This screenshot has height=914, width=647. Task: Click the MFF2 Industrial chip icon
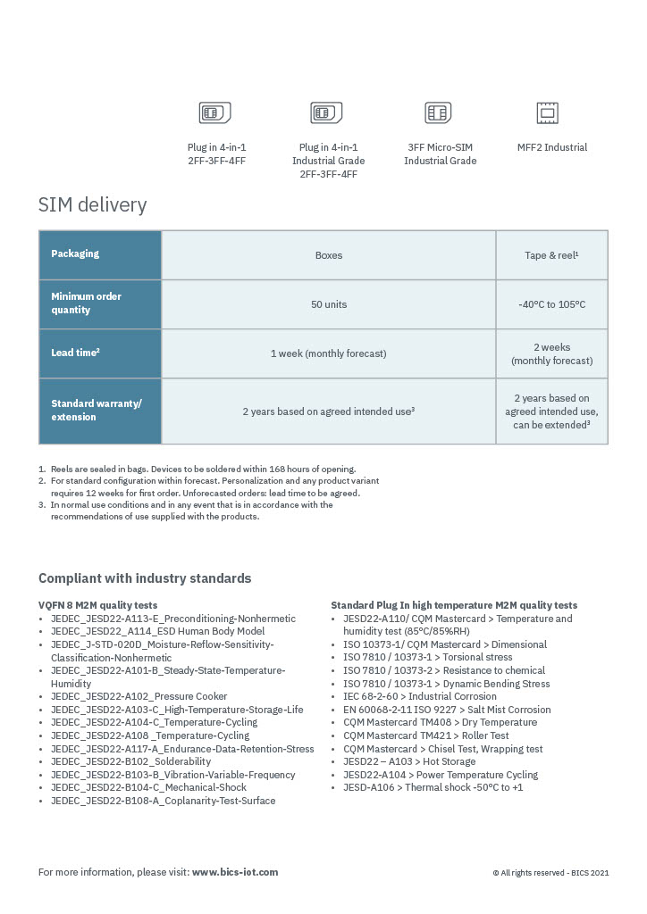547,113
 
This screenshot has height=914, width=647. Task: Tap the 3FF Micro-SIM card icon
438,113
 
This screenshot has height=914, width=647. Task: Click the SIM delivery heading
92,205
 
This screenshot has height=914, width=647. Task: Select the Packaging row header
100,254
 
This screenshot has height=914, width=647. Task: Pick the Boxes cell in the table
329,255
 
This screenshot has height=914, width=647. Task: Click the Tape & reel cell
551,255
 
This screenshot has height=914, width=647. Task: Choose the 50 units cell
329,304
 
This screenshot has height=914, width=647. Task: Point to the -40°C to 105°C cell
551,304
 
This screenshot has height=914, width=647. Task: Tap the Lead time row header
100,353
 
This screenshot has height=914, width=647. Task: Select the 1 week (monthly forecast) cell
329,353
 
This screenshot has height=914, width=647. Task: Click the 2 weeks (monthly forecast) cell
551,353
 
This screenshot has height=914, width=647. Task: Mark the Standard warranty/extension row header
100,411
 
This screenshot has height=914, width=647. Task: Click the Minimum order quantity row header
100,303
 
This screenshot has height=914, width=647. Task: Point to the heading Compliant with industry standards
145,578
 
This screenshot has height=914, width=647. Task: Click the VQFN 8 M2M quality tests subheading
98,605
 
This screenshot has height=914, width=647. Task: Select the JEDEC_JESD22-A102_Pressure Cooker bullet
139,696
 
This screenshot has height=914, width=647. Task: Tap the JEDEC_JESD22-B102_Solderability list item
130,761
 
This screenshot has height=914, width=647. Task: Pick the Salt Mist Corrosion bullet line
447,710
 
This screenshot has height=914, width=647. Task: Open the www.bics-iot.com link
235,872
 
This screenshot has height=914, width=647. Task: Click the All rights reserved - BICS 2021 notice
550,873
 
